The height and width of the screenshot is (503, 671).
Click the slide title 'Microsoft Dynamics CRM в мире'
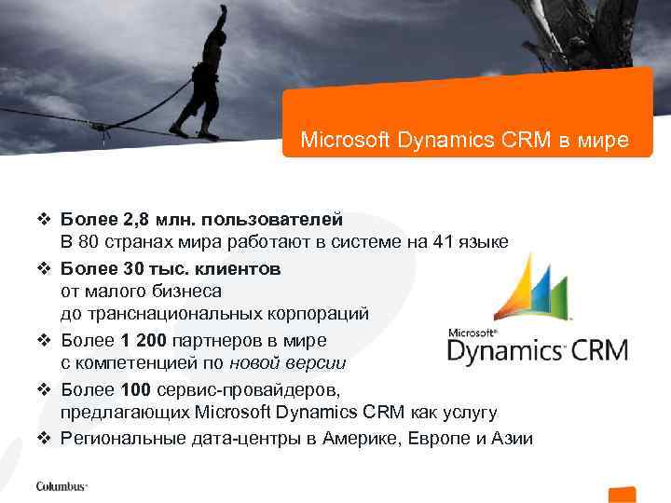tap(464, 142)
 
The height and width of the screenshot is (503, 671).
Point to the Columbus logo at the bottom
tap(62, 485)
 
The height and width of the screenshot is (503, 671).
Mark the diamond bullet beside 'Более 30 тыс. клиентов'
tap(44, 268)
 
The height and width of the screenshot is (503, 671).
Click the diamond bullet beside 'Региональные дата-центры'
tap(44, 438)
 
